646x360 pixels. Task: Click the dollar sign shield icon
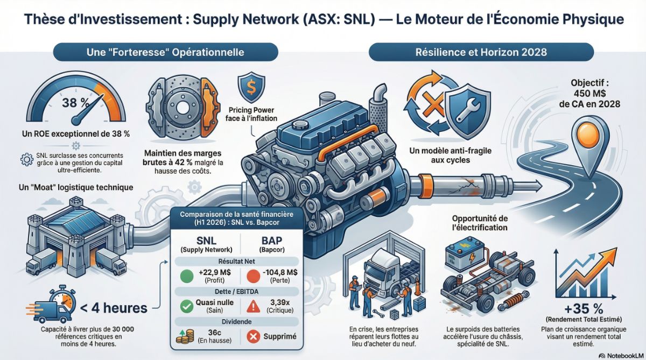(x=251, y=87)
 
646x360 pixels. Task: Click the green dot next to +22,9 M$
(x=187, y=276)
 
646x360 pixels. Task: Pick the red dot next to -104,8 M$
(x=254, y=276)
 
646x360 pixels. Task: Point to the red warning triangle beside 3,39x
(x=253, y=306)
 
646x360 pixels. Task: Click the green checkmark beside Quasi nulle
(x=187, y=306)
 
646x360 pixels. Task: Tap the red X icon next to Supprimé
(x=253, y=336)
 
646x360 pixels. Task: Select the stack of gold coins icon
(x=185, y=337)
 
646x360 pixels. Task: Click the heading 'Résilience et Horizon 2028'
(x=481, y=52)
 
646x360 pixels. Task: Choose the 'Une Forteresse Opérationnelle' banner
(x=166, y=52)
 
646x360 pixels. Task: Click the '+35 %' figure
(x=584, y=309)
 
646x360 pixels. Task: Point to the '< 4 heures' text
(x=114, y=308)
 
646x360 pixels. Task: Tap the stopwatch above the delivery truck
(x=62, y=299)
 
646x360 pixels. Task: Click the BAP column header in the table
(x=272, y=244)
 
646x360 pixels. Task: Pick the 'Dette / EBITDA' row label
(x=236, y=292)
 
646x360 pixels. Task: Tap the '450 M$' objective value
(x=590, y=94)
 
